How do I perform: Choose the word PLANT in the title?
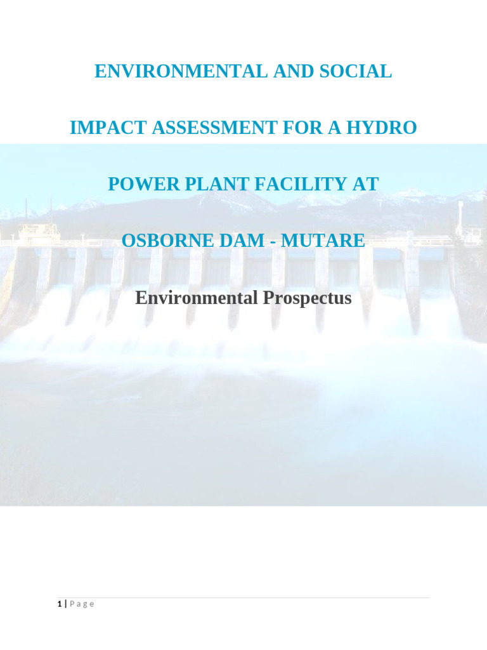tap(203, 184)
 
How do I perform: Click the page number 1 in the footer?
tap(58, 604)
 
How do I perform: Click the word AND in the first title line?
tap(290, 72)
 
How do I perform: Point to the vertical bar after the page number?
tap(65, 604)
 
